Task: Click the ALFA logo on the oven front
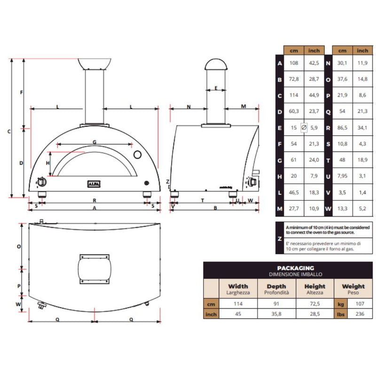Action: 94,183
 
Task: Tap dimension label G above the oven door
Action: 94,141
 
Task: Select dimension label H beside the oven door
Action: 47,163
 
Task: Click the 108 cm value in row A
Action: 294,63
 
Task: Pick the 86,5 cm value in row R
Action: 343,127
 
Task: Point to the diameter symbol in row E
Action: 304,127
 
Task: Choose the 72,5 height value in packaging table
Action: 314,304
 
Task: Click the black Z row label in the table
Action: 280,238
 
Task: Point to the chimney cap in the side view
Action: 216,64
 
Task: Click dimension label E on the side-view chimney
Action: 216,88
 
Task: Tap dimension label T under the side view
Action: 202,200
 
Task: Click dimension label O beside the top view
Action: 19,246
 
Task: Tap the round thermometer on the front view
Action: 137,155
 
